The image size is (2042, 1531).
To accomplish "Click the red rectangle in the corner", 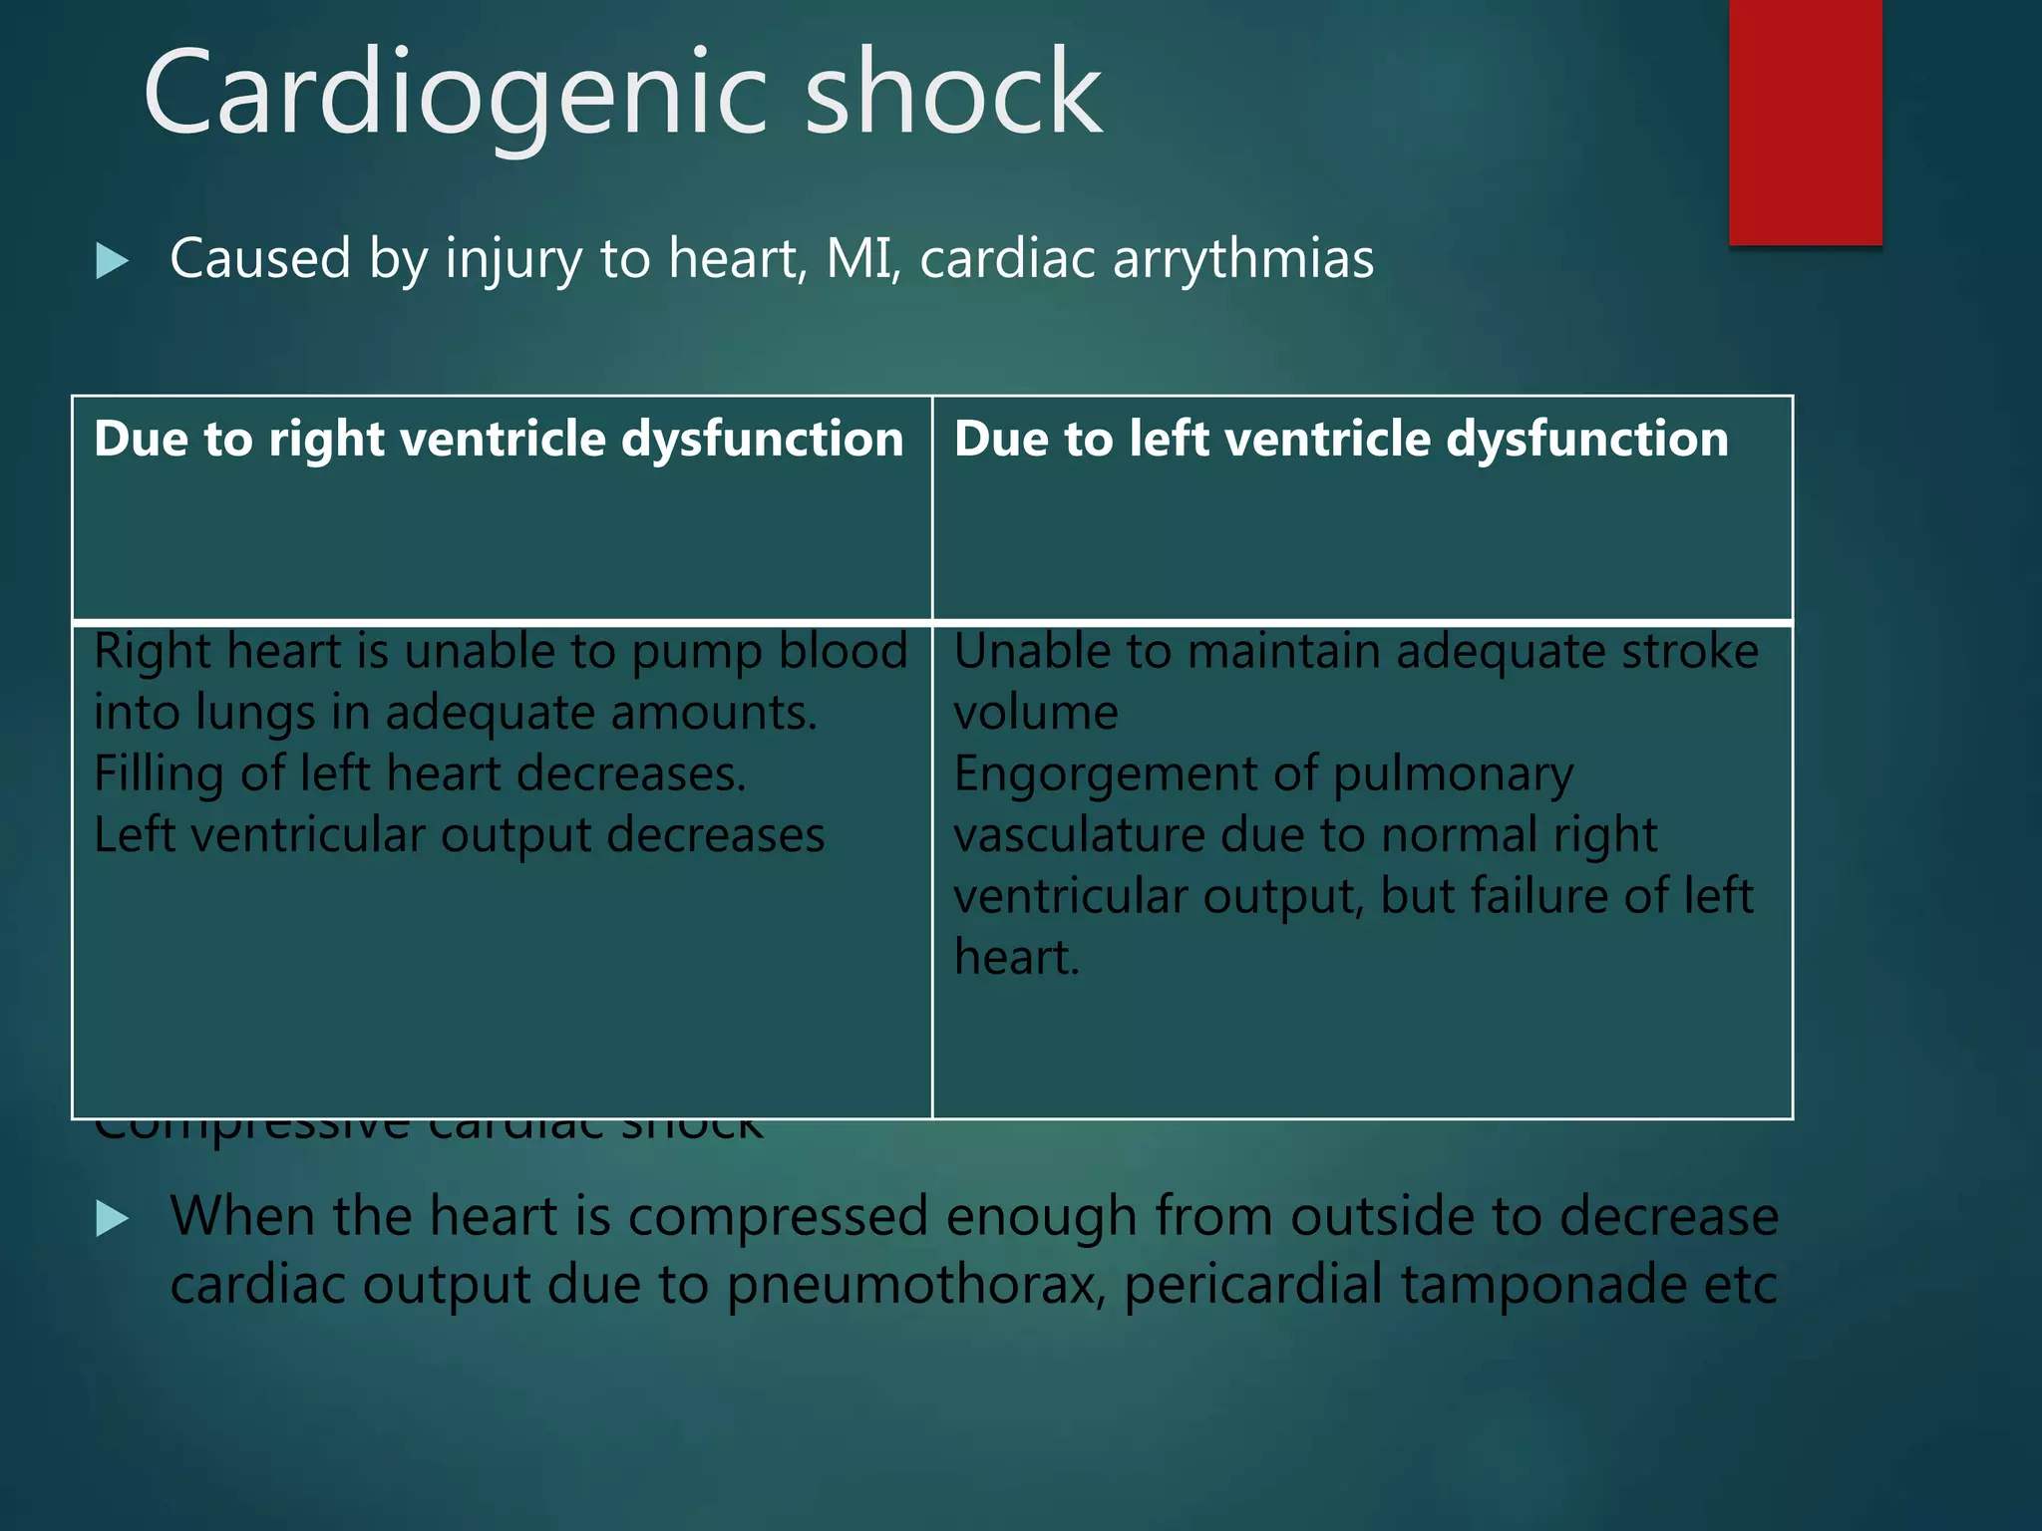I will [1805, 122].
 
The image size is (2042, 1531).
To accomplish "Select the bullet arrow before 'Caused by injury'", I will [113, 261].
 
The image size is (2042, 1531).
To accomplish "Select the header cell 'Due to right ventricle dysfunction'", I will [499, 440].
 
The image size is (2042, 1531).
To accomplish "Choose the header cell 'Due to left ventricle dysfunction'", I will [1341, 440].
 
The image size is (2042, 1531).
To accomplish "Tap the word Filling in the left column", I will [158, 774].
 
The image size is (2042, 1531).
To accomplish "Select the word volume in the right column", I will [1035, 714].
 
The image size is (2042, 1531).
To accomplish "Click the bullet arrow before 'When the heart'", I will [113, 1218].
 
